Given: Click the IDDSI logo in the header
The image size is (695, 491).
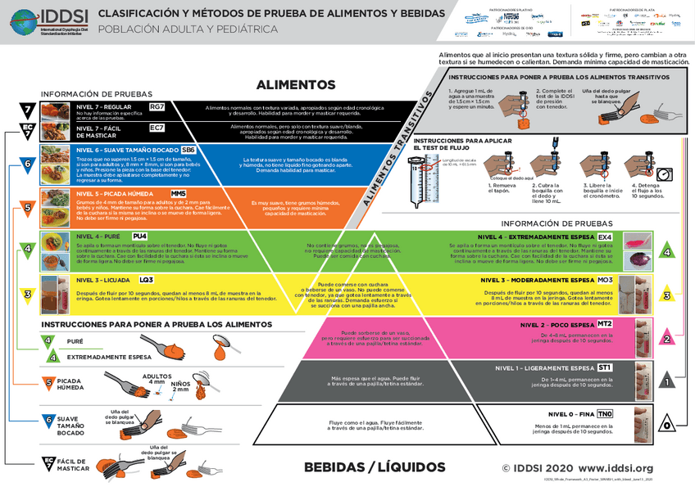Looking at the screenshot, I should [41, 16].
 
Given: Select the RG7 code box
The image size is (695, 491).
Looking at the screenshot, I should [157, 107].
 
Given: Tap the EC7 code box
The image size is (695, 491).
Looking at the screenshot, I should [157, 128].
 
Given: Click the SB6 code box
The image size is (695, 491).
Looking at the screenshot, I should [188, 150].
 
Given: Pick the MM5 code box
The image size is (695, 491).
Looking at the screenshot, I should [179, 192].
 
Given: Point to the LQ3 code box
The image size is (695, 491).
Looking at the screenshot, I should [147, 280].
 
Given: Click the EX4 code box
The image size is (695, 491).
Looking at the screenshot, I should [605, 236].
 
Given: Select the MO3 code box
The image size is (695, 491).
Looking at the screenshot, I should [605, 280].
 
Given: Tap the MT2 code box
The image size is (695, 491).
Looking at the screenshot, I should [605, 324].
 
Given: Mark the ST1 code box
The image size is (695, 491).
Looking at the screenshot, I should [605, 367].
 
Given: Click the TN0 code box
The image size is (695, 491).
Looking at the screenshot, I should [605, 413].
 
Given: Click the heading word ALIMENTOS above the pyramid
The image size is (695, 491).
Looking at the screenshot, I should [296, 84].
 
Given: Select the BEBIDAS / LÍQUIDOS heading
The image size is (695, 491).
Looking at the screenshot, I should [375, 467].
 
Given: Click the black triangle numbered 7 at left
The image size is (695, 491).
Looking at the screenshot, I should [27, 110].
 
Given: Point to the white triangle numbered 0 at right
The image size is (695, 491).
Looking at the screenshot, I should [668, 424].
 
